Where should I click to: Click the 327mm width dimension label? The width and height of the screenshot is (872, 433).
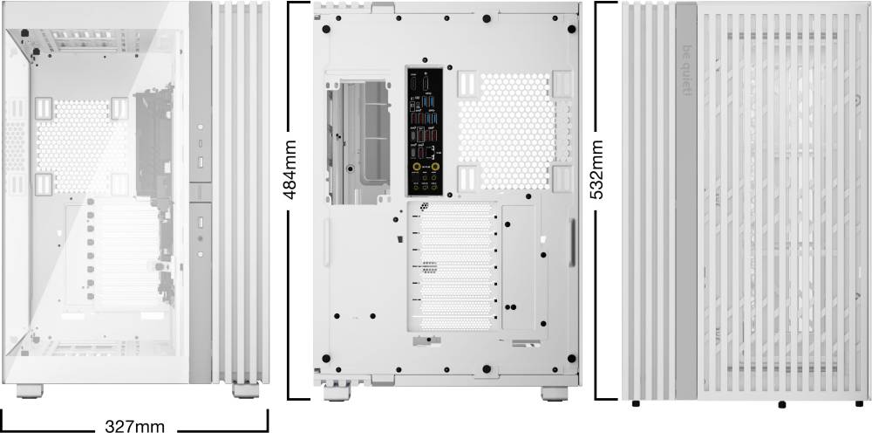point(134,426)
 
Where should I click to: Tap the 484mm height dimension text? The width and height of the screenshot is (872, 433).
point(290,169)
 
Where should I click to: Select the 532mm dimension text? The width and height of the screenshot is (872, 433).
point(596,169)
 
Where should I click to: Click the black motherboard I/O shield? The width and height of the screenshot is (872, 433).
point(425,132)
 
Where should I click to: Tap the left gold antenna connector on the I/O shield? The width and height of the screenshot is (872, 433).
point(416,166)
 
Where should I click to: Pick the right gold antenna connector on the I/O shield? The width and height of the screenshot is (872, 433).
point(435,166)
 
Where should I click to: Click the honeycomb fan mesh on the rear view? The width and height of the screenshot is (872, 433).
point(506,131)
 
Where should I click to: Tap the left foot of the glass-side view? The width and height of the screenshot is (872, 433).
point(30,391)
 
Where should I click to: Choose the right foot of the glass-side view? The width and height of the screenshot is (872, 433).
point(246,390)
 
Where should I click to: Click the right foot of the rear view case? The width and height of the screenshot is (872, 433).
point(555,394)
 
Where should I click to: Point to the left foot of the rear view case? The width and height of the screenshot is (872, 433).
point(337,394)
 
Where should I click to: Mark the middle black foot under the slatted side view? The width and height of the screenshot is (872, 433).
point(782,404)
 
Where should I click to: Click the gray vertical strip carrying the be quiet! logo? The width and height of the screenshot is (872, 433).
point(686,201)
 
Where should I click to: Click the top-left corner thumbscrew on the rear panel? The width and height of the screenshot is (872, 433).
point(326,29)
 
